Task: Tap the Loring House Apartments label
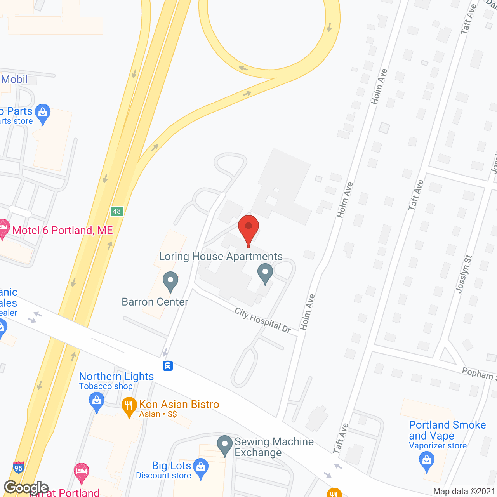pos(221,257)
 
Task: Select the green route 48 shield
pos(117,211)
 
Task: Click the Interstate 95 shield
pos(19,467)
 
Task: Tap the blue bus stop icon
pos(168,366)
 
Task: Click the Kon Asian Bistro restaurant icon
pos(129,407)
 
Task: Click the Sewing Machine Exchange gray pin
pos(224,445)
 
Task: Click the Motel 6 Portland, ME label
pos(63,230)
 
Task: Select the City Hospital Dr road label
pos(263,320)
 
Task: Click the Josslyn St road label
pos(464,274)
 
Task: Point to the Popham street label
pos(478,374)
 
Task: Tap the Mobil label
pos(14,79)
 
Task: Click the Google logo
pos(26,487)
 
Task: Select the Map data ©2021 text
pos(464,492)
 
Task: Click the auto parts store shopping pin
pos(43,114)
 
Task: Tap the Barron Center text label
pos(155,302)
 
